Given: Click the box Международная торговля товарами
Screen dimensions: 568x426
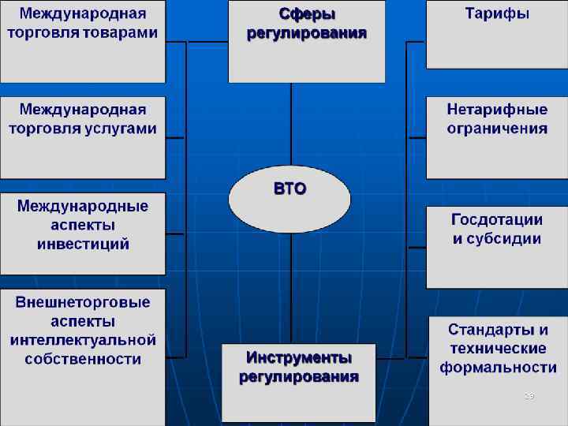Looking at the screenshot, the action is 83,41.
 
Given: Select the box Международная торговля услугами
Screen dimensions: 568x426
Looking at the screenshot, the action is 83,137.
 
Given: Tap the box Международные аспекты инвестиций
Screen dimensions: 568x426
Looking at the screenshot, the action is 83,234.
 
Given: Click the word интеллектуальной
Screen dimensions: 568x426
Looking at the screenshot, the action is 83,341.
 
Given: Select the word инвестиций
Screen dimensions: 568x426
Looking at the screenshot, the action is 83,245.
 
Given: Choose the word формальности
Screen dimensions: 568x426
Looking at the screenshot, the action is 498,368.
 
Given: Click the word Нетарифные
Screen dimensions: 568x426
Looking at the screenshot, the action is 497,110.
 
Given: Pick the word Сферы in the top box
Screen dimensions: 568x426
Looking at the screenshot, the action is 307,15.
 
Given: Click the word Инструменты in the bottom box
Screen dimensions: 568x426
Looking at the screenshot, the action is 298,358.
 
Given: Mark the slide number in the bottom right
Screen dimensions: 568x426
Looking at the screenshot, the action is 529,396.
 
